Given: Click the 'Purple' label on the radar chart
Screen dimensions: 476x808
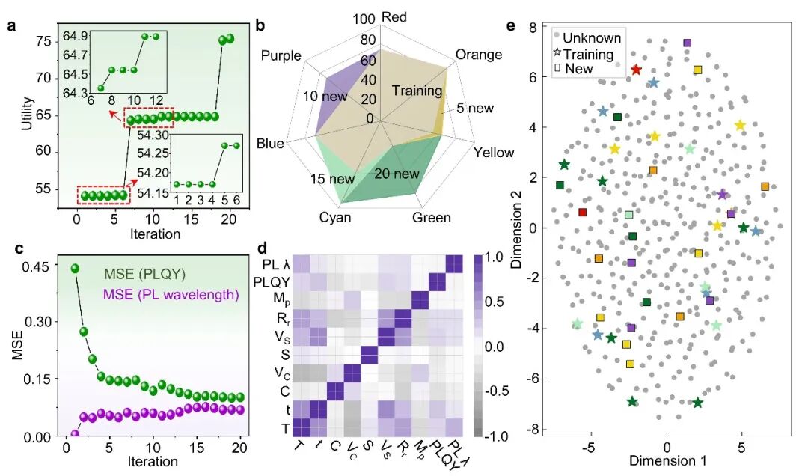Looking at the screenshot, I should tap(281, 56).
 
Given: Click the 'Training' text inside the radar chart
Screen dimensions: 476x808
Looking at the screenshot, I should tap(417, 91).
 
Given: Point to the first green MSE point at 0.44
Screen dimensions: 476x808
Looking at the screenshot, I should tap(75, 268).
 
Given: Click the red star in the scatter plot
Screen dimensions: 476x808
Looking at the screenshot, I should tap(636, 70).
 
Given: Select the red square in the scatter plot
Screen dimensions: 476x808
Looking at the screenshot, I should tap(583, 213).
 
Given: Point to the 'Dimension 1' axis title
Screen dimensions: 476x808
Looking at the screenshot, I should tap(667, 461).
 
